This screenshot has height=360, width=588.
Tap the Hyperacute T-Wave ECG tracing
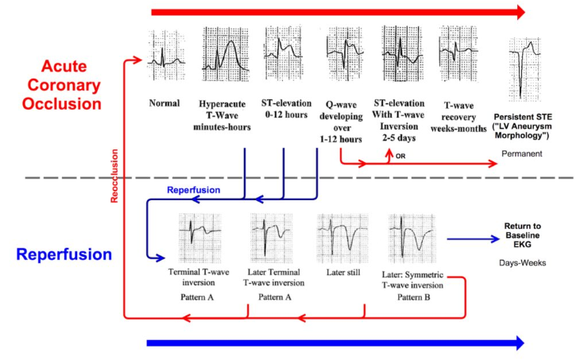coord(226,54)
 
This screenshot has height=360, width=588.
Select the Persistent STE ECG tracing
coord(525,69)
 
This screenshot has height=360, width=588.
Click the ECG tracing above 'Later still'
coord(342,238)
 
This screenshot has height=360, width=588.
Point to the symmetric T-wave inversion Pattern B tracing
coord(412,238)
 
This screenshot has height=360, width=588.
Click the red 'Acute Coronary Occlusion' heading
coord(62,85)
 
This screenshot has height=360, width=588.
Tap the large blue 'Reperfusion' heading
coord(64,254)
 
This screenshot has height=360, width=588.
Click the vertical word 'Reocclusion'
coord(114,176)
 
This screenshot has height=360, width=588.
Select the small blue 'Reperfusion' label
coord(194,190)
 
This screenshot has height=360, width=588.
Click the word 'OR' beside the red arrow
coord(400,156)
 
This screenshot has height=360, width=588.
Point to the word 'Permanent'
coord(522,153)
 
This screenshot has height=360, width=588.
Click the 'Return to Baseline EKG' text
coord(522,235)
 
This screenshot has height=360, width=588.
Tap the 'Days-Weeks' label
coord(522,263)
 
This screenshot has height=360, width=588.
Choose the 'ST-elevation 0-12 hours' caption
coord(287,109)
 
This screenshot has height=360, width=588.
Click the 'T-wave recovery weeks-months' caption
coord(458,117)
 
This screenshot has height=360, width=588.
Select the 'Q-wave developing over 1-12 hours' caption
coord(341,122)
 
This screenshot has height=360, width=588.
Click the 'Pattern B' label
coord(414,297)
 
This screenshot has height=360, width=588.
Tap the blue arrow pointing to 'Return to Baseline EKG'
coord(474,239)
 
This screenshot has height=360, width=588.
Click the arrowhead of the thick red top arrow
coord(520,13)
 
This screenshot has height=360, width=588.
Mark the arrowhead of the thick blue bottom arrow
coord(520,343)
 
